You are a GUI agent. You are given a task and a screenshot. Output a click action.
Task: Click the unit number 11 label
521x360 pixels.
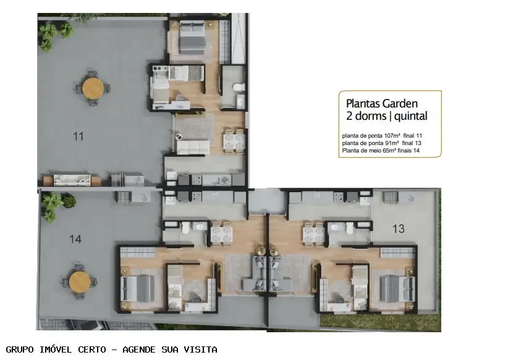[78, 136]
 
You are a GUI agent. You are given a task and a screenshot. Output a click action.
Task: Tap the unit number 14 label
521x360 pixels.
[75, 239]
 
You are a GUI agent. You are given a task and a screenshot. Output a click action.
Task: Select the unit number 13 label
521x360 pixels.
[399, 228]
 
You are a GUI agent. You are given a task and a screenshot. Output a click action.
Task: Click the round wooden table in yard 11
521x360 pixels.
[93, 88]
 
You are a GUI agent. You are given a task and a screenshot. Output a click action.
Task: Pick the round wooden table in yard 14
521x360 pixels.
[80, 282]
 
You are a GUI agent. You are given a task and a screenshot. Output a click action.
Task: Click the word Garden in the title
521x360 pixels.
[400, 104]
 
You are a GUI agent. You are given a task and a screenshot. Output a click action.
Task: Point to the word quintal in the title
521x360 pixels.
[411, 116]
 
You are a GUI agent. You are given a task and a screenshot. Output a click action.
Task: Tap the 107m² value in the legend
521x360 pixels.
[392, 135]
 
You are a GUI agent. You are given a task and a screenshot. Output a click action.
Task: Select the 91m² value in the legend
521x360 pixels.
[391, 143]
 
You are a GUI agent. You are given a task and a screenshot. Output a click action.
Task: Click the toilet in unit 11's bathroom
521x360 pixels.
[239, 87]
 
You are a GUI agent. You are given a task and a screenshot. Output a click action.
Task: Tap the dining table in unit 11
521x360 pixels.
[234, 141]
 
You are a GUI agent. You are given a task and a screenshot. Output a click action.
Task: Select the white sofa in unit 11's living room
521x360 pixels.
[193, 147]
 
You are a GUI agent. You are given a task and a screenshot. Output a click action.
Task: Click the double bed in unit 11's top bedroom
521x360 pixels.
[192, 36]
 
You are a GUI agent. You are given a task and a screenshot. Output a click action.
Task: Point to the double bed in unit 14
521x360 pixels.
[138, 288]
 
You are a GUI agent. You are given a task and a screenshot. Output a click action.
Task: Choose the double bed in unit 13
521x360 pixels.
[397, 288]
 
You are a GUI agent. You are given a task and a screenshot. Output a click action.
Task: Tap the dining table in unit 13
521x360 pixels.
[313, 233]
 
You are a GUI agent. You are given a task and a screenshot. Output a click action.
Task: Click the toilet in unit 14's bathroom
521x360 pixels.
[186, 227]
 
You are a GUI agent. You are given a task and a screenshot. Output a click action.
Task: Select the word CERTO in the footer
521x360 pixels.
[92, 350]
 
